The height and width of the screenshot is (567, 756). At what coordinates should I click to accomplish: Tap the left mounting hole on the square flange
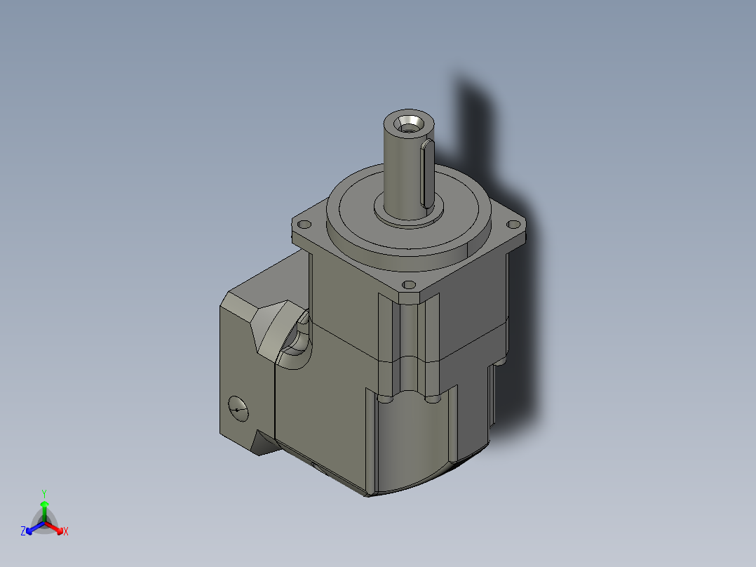(304, 225)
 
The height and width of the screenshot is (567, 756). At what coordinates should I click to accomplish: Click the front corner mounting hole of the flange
(409, 285)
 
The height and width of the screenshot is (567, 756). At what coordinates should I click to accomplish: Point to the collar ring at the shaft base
(409, 211)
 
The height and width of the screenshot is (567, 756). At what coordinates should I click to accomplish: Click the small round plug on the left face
(238, 407)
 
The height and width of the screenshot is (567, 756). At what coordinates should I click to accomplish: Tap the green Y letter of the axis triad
(43, 493)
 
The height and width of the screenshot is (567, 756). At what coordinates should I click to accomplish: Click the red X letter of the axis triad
(66, 532)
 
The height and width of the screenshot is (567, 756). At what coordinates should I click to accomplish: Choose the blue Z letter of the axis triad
(23, 532)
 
